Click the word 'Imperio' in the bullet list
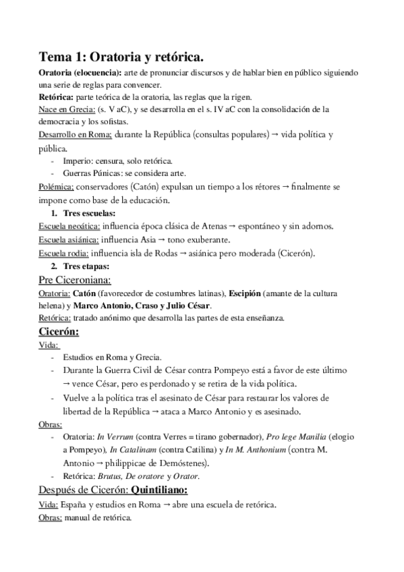[78, 161]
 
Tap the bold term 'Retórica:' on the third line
[56, 96]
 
